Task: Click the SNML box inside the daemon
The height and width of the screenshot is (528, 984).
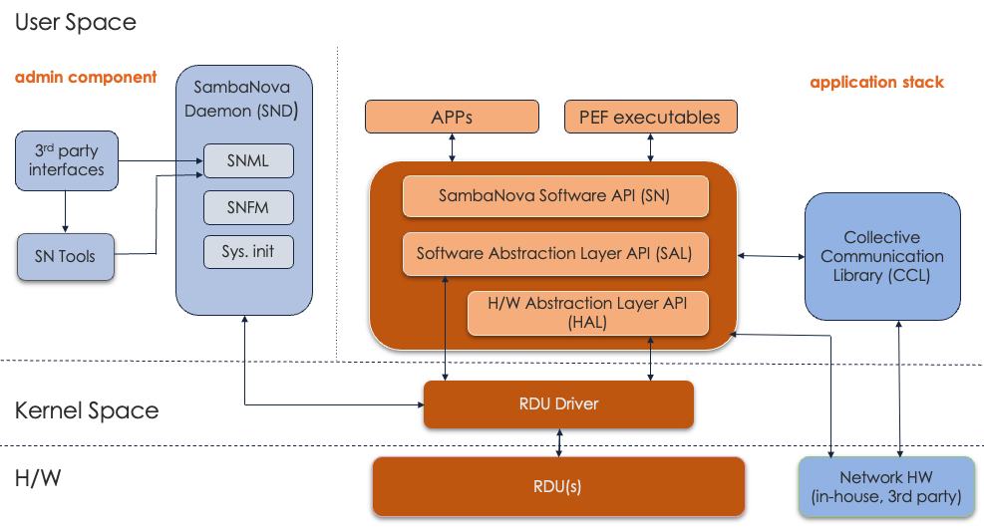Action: [x=248, y=161]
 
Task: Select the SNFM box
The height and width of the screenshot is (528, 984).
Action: [x=248, y=207]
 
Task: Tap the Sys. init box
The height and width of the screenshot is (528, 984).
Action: [x=248, y=251]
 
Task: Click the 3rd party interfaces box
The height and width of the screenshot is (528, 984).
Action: [x=66, y=160]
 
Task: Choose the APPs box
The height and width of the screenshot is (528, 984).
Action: [x=452, y=117]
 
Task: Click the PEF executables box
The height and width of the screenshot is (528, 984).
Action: [x=650, y=117]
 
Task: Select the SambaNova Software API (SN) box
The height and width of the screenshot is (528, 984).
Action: [x=554, y=195]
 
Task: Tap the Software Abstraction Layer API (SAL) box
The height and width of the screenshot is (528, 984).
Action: [x=554, y=253]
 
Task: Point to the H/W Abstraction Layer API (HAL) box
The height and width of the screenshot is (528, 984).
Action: [x=587, y=312]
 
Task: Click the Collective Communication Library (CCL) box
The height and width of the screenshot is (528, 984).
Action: [x=881, y=257]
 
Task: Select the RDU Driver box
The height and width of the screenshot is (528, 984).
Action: [x=557, y=403]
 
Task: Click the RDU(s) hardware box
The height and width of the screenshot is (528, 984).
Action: [x=558, y=486]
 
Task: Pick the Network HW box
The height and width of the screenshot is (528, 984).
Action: [x=884, y=487]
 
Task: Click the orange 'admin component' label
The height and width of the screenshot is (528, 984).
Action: [x=86, y=77]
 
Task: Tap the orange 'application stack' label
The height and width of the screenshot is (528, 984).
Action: [x=876, y=82]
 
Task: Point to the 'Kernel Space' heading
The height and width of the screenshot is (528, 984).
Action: [x=87, y=409]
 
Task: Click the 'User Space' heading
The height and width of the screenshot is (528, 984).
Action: [x=76, y=22]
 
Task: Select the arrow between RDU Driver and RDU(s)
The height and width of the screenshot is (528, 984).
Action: [x=559, y=443]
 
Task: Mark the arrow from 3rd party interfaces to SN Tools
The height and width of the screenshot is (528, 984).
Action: [x=65, y=211]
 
